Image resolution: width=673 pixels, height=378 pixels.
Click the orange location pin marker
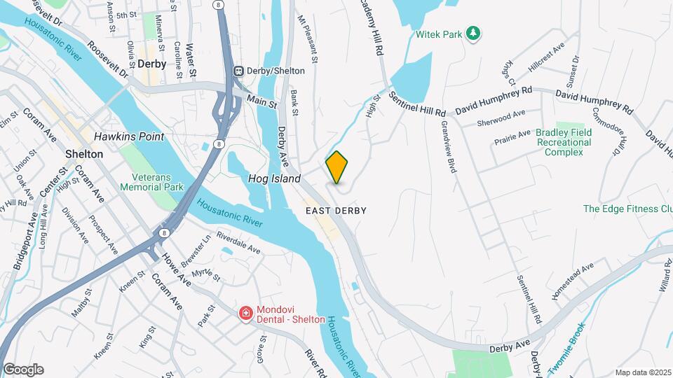click(337, 167)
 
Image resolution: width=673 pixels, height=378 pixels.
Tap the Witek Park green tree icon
click(474, 33)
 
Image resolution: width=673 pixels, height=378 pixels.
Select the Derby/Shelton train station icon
click(240, 71)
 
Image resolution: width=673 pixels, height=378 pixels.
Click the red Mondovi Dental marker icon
click(245, 312)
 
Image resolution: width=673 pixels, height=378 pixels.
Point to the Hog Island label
click(274, 179)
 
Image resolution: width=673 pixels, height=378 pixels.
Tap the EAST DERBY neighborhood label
click(336, 210)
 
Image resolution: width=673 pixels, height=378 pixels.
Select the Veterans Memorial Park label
click(151, 182)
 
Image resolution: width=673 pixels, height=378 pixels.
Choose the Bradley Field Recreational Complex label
click(564, 143)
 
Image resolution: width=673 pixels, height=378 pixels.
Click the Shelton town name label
click(83, 153)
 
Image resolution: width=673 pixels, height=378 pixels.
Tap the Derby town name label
click(152, 64)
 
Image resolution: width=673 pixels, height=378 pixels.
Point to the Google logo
click(23, 370)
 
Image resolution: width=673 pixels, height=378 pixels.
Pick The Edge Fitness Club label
click(627, 209)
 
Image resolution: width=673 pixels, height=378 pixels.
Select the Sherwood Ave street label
click(501, 119)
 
